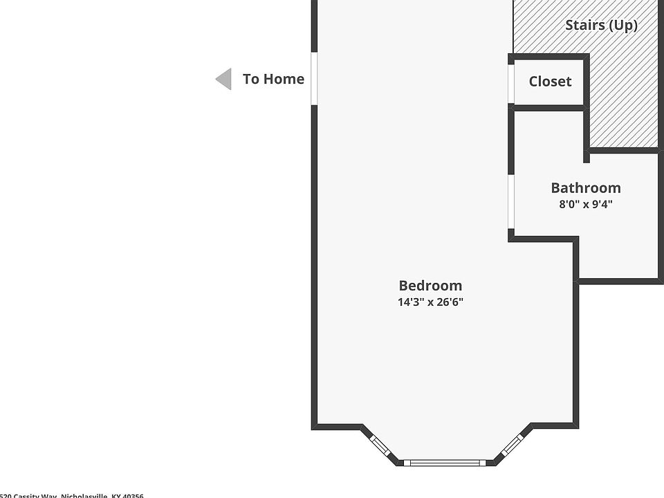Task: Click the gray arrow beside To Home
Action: (223, 80)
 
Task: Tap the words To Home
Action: (273, 79)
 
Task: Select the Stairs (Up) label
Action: (601, 26)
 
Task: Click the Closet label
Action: (550, 82)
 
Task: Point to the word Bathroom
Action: (585, 187)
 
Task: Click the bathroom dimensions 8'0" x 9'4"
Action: (585, 205)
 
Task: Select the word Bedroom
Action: (430, 286)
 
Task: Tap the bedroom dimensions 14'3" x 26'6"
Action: (430, 302)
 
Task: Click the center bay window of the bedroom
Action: (446, 462)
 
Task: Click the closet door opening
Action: (511, 84)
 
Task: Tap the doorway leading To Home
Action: (313, 79)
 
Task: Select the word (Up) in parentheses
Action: (622, 26)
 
